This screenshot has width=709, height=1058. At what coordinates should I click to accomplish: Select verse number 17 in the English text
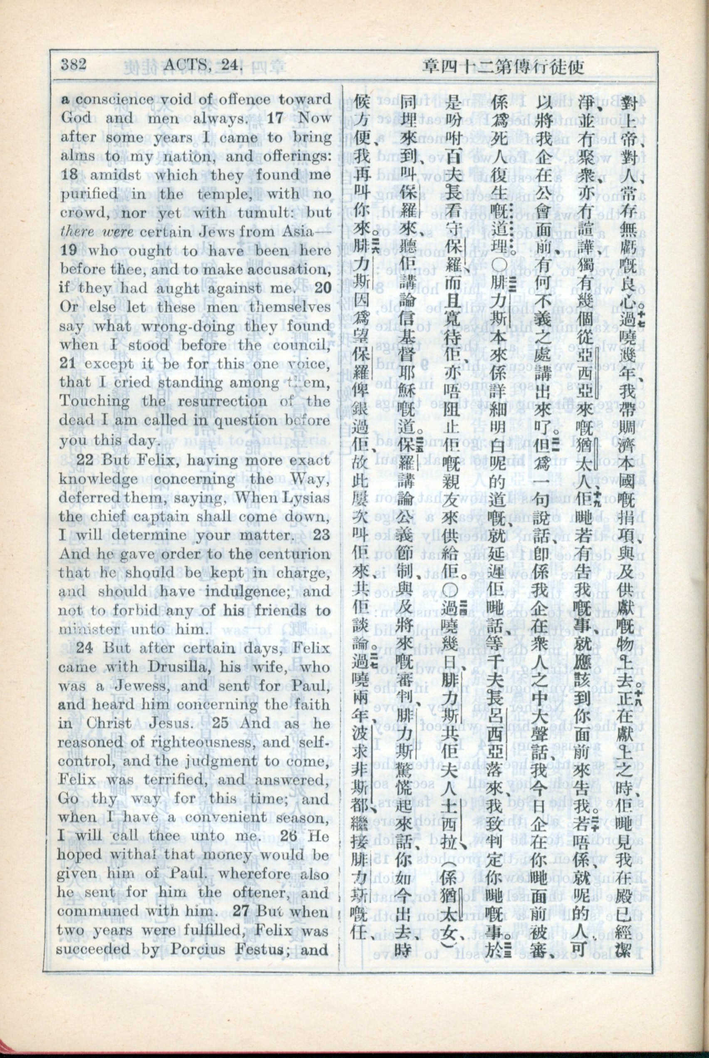pyautogui.click(x=275, y=118)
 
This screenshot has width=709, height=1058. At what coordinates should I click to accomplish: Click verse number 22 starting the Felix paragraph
pyautogui.click(x=85, y=460)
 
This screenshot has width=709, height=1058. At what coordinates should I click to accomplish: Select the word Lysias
pyautogui.click(x=307, y=498)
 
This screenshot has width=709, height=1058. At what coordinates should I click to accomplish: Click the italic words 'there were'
pyautogui.click(x=97, y=232)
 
